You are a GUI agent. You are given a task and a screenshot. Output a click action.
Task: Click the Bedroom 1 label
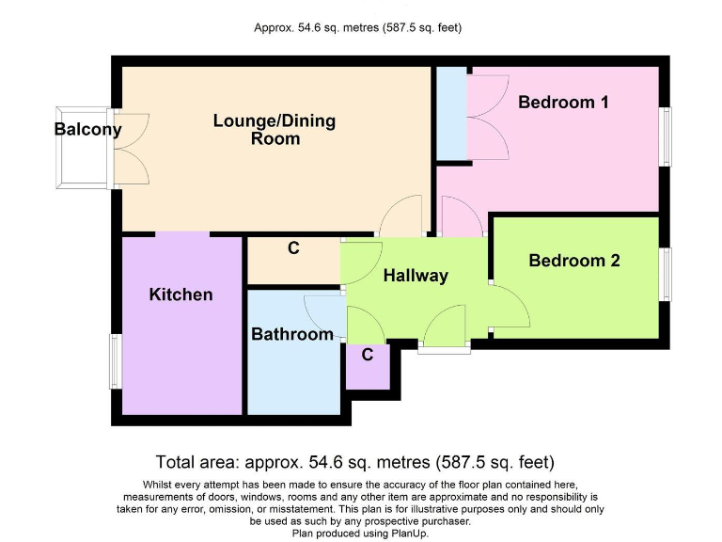(x=563, y=103)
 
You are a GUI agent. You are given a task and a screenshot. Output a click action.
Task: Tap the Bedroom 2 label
(x=574, y=261)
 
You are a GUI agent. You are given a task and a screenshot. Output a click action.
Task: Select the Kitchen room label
(x=180, y=295)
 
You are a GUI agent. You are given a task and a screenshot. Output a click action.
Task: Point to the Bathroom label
(x=291, y=334)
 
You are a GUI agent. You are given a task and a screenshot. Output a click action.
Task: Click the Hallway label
(x=416, y=276)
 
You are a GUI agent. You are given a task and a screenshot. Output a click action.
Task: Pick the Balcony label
(x=87, y=130)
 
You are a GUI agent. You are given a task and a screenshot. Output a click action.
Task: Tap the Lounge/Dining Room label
(x=275, y=130)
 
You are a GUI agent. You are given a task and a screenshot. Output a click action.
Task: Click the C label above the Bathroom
(x=293, y=249)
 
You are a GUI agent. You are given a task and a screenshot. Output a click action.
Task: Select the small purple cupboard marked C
(x=368, y=366)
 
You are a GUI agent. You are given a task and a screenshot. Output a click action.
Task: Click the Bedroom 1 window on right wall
(x=667, y=137)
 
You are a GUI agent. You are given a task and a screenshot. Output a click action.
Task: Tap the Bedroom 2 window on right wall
(x=667, y=275)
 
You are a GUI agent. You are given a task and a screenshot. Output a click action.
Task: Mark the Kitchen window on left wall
(x=115, y=360)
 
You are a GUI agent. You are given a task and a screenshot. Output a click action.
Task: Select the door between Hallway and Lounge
(x=401, y=216)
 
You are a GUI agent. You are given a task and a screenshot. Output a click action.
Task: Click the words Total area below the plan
(x=197, y=462)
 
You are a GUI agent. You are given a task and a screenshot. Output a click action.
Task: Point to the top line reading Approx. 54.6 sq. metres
(x=357, y=27)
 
